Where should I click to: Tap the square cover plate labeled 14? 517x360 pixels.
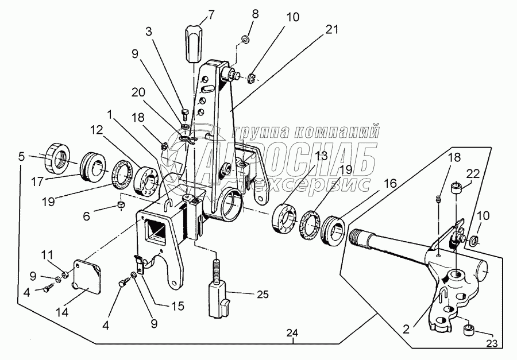click(86, 276)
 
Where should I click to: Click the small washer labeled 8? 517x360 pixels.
click(246, 40)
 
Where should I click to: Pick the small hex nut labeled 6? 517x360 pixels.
click(122, 206)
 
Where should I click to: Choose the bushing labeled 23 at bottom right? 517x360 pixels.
click(469, 330)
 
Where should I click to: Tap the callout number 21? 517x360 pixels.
click(332, 30)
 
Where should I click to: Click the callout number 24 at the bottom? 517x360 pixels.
click(292, 333)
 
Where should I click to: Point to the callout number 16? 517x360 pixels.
click(390, 183)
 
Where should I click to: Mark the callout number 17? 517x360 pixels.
click(37, 181)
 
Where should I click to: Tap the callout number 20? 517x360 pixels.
click(138, 92)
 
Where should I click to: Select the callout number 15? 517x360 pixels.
click(178, 306)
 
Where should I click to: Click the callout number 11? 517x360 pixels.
click(47, 255)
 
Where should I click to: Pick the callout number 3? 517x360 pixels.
click(149, 32)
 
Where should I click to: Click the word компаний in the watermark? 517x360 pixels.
click(335, 132)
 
